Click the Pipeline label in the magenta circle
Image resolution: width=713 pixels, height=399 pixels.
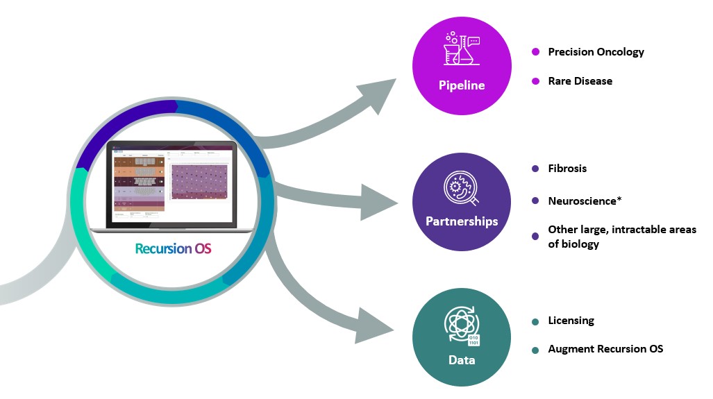coord(461,86)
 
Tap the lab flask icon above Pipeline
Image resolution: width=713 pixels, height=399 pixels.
coord(462,48)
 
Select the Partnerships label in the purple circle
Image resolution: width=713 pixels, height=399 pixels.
coord(462,221)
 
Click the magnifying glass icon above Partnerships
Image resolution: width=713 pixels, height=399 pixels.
coord(461,188)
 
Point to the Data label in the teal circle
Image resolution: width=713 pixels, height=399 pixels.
coord(462,360)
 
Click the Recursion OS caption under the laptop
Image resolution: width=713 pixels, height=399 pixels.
coord(173,248)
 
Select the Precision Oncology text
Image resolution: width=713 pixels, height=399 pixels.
coord(596,52)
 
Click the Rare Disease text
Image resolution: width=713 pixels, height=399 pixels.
coord(580,81)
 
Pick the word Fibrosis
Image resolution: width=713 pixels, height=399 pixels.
coord(567,169)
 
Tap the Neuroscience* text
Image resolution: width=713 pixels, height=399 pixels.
coord(585,201)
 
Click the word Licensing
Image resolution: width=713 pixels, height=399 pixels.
coord(571,321)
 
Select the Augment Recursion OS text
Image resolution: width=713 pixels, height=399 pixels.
coord(605,348)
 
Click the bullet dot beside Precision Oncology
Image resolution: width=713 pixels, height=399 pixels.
coord(535,52)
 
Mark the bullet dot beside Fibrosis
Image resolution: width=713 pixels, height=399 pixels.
coord(535,169)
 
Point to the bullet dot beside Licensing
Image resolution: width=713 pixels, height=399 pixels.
coord(535,321)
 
